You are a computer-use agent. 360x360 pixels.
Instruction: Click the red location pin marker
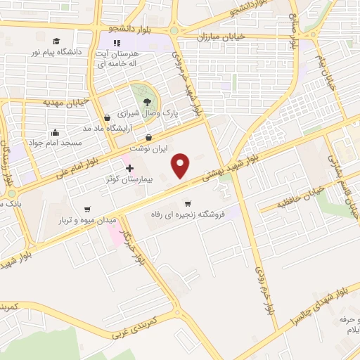click(x=181, y=166)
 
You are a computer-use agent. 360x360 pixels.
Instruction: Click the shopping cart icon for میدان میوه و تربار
click(x=87, y=209)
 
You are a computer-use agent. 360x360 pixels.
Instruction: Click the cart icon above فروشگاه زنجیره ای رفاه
click(x=187, y=203)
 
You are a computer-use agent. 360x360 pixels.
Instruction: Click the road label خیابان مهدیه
click(x=66, y=102)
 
